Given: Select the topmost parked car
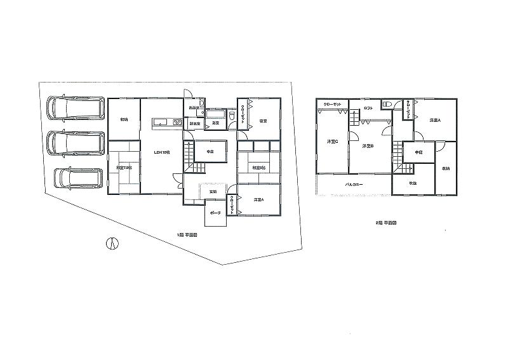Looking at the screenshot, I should [x=74, y=109].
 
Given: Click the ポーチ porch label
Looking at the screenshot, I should [x=215, y=213].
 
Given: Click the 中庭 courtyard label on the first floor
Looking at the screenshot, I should [x=209, y=151].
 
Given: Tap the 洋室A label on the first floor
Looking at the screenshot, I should [x=258, y=199].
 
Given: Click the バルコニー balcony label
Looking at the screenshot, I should [x=354, y=185].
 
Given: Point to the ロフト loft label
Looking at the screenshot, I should [x=368, y=109].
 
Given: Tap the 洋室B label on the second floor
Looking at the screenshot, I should [x=367, y=146].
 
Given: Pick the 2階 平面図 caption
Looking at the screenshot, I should [x=386, y=223].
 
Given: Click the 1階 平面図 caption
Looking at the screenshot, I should [x=187, y=235].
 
